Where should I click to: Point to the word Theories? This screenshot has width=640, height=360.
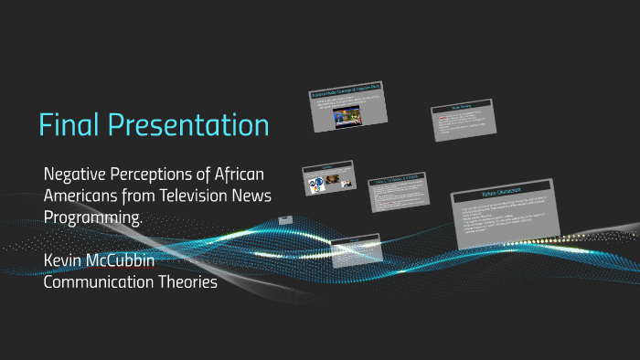coord(188,282)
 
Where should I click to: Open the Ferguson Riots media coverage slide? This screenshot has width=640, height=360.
coord(349,106)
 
